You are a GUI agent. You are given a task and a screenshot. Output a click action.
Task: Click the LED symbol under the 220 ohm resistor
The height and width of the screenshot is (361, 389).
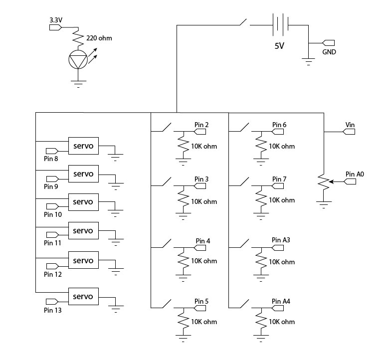pos(77,59)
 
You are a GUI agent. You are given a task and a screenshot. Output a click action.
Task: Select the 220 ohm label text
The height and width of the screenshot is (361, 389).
pos(100,37)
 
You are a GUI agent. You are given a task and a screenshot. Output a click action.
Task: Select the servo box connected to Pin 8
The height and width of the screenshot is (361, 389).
pos(83,145)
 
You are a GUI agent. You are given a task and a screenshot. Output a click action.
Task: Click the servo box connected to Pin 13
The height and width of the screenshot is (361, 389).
pos(83,297)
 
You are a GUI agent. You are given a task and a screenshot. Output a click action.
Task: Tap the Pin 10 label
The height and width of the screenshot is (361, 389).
pos(52,214)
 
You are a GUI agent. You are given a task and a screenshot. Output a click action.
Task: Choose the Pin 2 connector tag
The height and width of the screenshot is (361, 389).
pos(200,132)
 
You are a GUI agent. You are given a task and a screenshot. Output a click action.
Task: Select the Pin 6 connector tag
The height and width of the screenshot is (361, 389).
pos(278,132)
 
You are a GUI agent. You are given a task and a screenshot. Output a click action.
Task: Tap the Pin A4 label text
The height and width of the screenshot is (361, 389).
pos(281,301)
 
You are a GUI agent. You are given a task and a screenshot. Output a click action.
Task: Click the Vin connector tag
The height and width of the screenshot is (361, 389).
pos(349,132)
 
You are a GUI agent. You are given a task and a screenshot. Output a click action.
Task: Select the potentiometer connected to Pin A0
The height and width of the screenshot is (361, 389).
pos(325,183)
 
